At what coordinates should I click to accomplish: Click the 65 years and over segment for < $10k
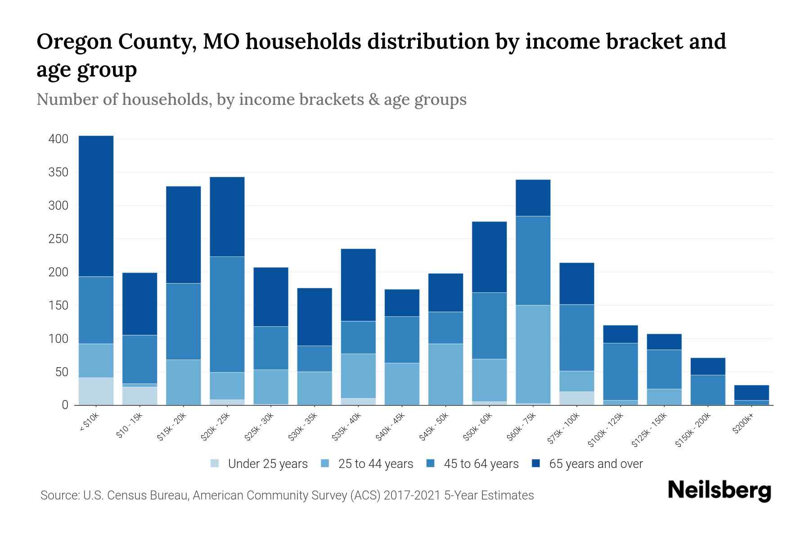tap(96, 206)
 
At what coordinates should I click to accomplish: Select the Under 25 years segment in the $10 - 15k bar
tap(139, 396)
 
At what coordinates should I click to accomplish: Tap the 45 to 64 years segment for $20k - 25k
tap(227, 315)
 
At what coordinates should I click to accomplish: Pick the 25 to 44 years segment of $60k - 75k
tap(533, 354)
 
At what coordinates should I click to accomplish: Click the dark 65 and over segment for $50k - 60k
tap(489, 257)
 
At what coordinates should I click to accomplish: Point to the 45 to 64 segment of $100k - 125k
tap(620, 372)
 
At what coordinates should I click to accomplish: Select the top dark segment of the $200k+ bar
tap(751, 393)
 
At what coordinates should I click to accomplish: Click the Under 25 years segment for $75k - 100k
tap(576, 398)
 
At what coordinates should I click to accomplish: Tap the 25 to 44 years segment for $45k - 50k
tap(445, 374)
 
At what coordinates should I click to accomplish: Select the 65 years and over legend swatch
tap(535, 463)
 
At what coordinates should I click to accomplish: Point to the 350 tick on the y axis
tap(58, 172)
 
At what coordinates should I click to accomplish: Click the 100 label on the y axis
tap(58, 338)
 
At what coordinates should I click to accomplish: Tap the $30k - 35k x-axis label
tap(303, 427)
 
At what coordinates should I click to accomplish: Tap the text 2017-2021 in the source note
tap(411, 495)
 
